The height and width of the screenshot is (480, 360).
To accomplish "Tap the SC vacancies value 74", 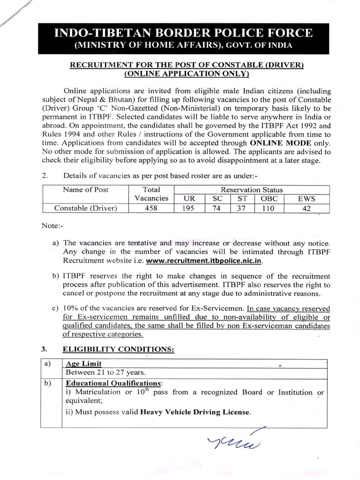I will (x=216, y=209).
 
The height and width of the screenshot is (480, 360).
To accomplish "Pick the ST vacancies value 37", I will (x=241, y=209).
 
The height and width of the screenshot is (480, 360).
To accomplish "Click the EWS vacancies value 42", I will (x=307, y=209).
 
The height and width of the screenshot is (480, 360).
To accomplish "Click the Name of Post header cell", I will (x=85, y=190).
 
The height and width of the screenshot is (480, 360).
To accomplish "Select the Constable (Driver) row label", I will (x=85, y=209).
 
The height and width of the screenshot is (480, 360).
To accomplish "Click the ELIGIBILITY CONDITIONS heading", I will (x=119, y=349).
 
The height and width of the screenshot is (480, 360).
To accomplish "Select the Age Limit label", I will (x=83, y=363).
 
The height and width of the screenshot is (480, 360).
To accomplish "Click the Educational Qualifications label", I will (x=114, y=383).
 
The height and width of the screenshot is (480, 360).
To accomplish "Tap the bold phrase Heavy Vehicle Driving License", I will (x=195, y=412).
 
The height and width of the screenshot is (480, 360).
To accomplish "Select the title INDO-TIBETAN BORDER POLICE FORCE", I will (x=183, y=33).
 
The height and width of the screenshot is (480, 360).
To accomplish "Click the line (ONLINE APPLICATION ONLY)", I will (x=187, y=74).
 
